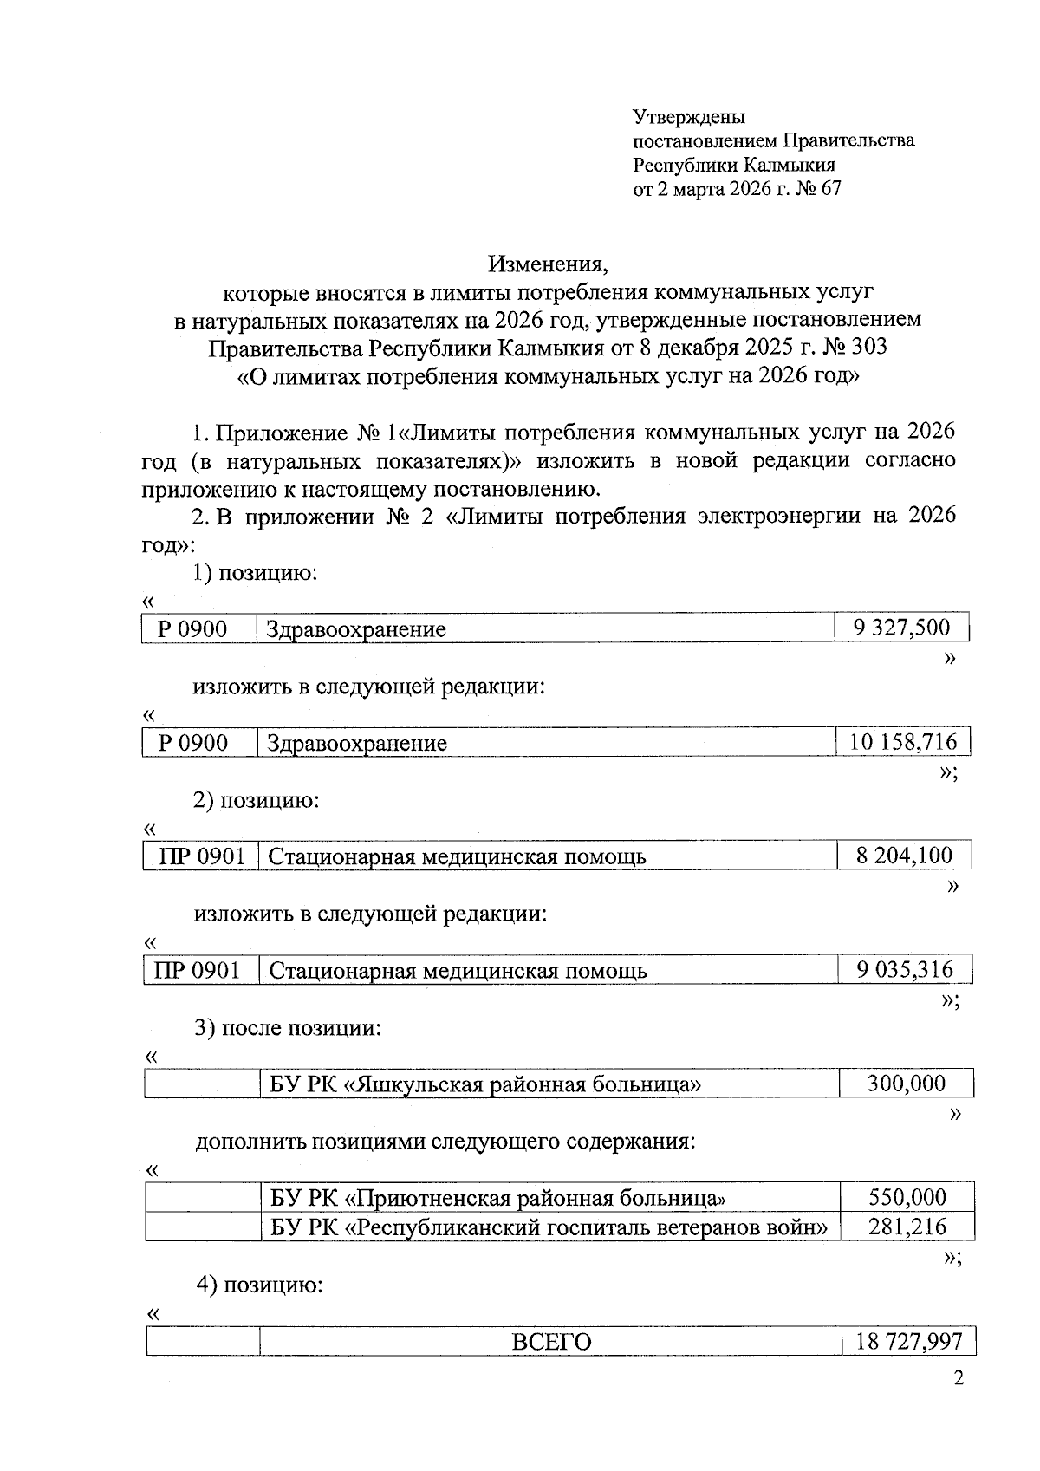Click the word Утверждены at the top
(x=689, y=117)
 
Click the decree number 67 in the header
(x=829, y=188)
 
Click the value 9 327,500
(x=901, y=628)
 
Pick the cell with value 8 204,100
(x=904, y=856)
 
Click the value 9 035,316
(x=905, y=970)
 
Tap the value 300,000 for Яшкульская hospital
(x=907, y=1084)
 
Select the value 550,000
(x=907, y=1198)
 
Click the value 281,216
(x=907, y=1227)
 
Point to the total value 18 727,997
(x=908, y=1342)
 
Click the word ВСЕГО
(x=551, y=1343)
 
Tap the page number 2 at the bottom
(x=958, y=1379)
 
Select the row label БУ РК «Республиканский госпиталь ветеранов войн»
(x=549, y=1227)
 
